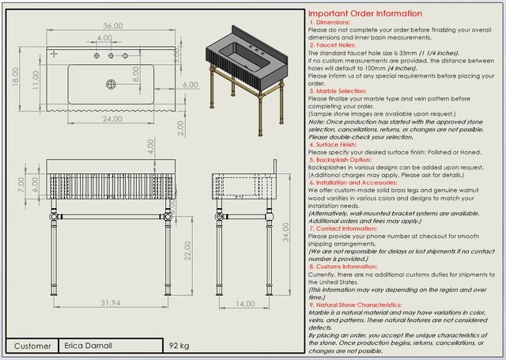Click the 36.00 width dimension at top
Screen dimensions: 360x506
[113, 26]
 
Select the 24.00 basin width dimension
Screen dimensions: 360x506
[111, 119]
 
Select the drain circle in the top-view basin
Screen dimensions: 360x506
[111, 83]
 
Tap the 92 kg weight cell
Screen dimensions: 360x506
[179, 346]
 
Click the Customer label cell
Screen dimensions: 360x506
[32, 346]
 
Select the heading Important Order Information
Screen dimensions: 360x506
[364, 13]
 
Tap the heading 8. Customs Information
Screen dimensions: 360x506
[349, 267]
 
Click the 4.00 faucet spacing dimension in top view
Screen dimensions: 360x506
[104, 37]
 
